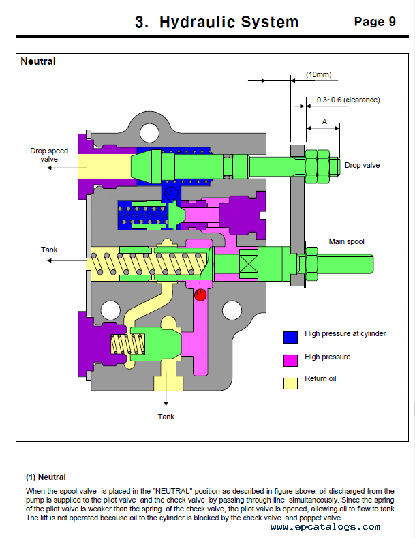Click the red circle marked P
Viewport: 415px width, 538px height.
(x=200, y=295)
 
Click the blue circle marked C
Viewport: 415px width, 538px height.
(x=170, y=193)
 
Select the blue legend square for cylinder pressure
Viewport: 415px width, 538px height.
(x=290, y=338)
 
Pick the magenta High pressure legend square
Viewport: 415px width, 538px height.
(x=290, y=361)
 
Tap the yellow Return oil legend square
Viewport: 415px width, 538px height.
(x=290, y=383)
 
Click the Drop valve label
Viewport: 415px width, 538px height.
(x=362, y=166)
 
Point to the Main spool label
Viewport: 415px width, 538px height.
(x=346, y=241)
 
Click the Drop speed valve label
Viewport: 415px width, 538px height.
(x=49, y=155)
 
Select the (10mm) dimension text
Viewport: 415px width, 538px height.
(x=319, y=74)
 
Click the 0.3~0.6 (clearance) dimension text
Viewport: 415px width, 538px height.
(x=348, y=100)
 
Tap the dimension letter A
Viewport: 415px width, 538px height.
(x=324, y=121)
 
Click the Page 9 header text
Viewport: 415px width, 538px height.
(x=375, y=22)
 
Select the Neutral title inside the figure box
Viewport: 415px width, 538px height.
(x=38, y=61)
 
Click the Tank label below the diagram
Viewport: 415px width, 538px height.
(x=166, y=417)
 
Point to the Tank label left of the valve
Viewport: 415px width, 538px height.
(x=49, y=250)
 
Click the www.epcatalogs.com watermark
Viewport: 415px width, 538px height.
(x=325, y=526)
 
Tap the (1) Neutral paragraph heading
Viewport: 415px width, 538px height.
(x=46, y=477)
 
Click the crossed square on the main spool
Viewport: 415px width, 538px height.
(x=249, y=263)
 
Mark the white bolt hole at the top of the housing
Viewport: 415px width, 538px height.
(x=149, y=132)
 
